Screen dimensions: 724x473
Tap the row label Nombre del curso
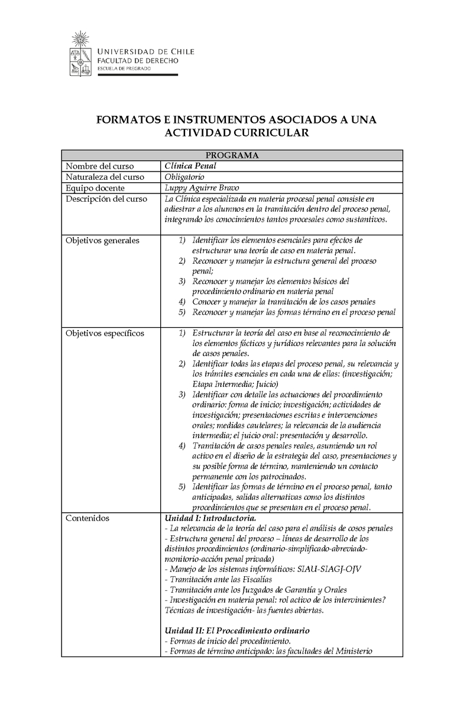tap(99, 166)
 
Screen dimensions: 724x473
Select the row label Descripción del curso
tap(106, 199)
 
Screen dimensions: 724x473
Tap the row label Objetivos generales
tap(102, 241)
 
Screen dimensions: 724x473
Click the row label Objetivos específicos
tap(105, 334)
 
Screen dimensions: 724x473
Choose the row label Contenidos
tap(88, 519)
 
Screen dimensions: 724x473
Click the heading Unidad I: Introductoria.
tap(210, 519)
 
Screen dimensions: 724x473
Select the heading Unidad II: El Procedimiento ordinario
tap(237, 631)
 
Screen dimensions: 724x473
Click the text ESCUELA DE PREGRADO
tap(124, 69)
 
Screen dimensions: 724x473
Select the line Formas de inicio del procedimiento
tap(228, 641)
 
